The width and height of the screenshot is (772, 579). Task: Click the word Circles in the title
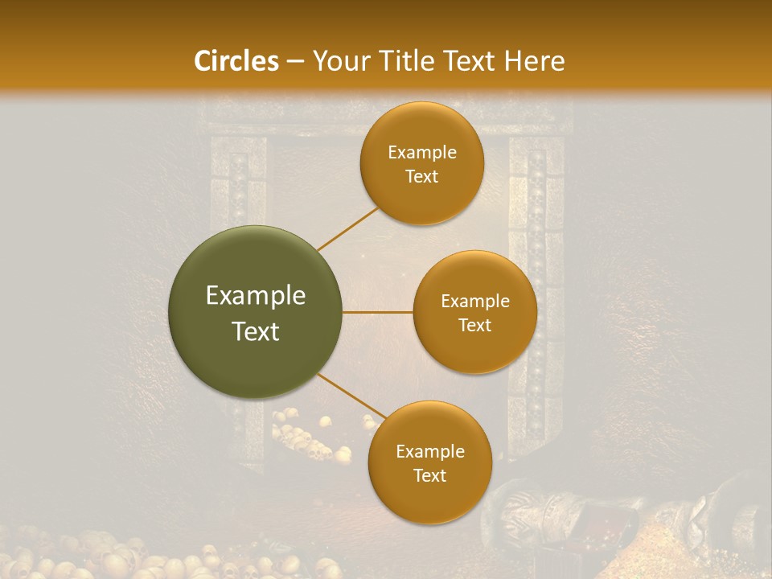(x=236, y=61)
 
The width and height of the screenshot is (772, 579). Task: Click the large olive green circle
(x=256, y=312)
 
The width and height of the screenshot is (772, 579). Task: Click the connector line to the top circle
(x=347, y=228)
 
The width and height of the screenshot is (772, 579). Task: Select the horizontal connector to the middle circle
(x=378, y=312)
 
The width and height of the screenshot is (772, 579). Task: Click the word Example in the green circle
(x=256, y=296)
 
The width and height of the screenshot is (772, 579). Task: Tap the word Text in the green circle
(x=256, y=331)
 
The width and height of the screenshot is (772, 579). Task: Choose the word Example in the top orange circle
(x=422, y=153)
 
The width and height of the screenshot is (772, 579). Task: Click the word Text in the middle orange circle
(x=474, y=326)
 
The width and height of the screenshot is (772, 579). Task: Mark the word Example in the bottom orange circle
(x=430, y=452)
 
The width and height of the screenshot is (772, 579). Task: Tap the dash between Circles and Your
(x=294, y=62)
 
